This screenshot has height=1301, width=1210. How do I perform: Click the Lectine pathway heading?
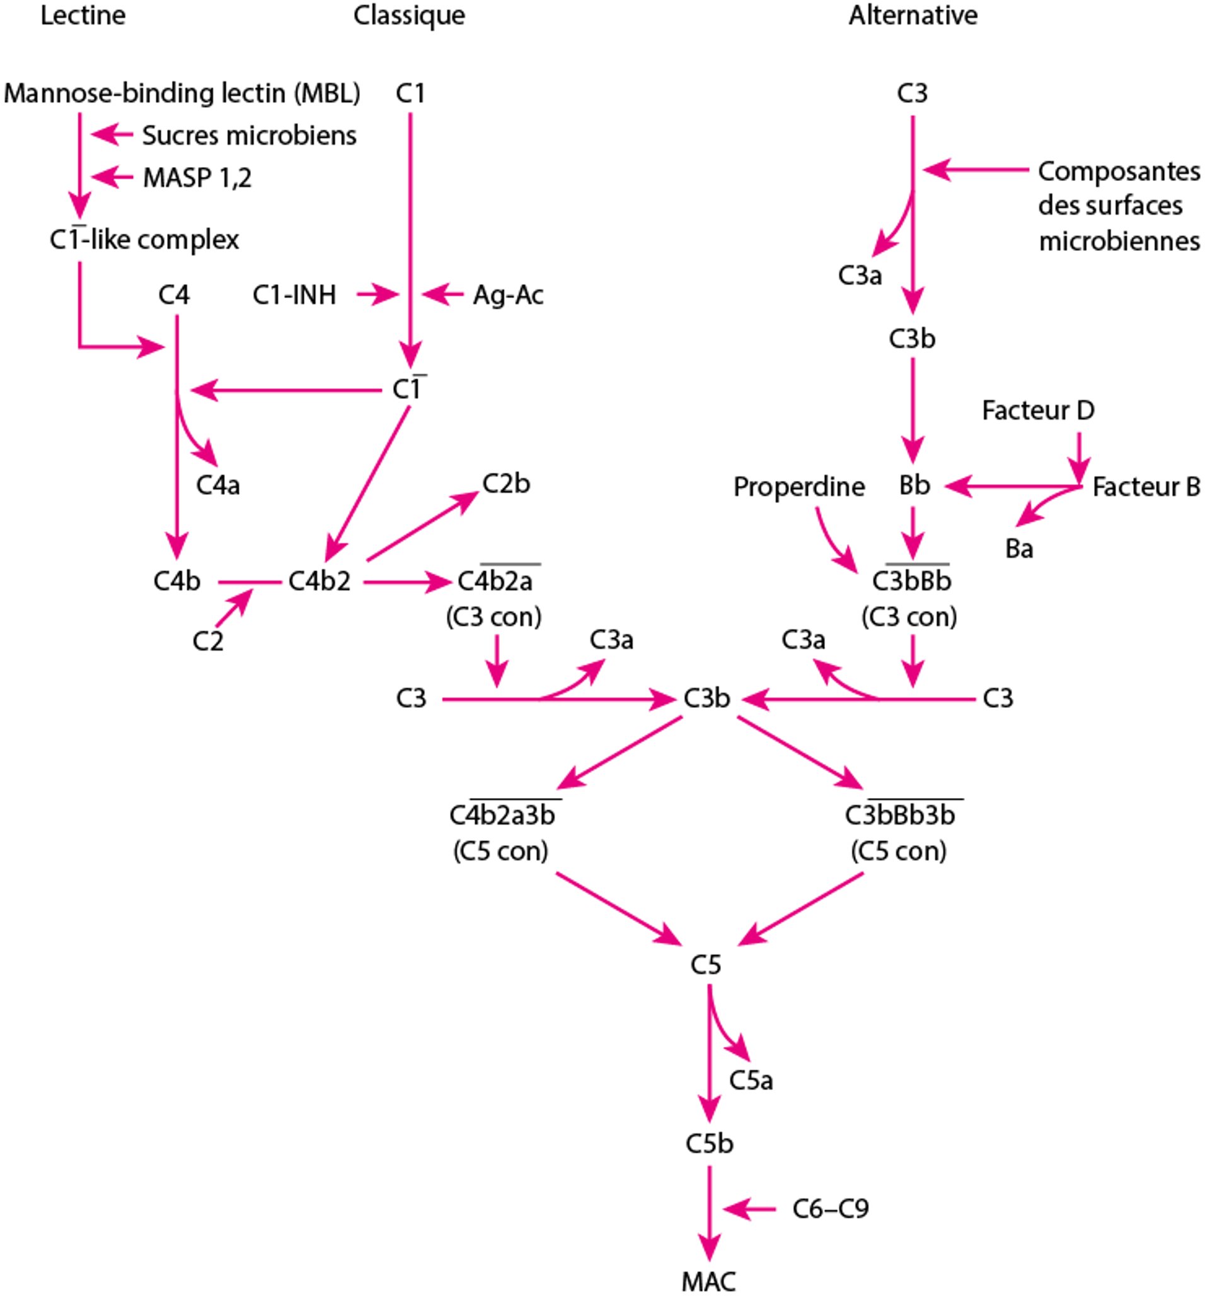pyautogui.click(x=83, y=16)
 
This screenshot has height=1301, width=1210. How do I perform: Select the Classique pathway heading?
pyautogui.click(x=409, y=16)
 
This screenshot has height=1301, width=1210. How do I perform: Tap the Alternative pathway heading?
pyautogui.click(x=913, y=16)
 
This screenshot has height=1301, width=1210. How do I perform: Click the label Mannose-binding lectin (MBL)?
pyautogui.click(x=182, y=93)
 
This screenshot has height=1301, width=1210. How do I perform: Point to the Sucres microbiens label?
pyautogui.click(x=250, y=136)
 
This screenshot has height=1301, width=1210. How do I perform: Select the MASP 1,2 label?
pyautogui.click(x=197, y=177)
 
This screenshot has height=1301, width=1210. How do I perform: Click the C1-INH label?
pyautogui.click(x=294, y=295)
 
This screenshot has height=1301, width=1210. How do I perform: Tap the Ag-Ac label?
pyautogui.click(x=508, y=295)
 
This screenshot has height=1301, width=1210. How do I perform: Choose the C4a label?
pyautogui.click(x=218, y=485)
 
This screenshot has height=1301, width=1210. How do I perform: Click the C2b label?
pyautogui.click(x=506, y=483)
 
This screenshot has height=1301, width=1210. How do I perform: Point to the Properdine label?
pyautogui.click(x=798, y=486)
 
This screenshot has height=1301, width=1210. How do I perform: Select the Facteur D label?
pyautogui.click(x=1037, y=410)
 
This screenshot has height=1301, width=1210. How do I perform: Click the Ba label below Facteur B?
pyautogui.click(x=1019, y=548)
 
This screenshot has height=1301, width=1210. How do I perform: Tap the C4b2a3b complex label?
pyautogui.click(x=502, y=816)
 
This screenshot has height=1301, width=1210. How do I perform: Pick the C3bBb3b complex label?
pyautogui.click(x=900, y=816)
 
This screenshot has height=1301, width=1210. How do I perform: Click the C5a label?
pyautogui.click(x=751, y=1080)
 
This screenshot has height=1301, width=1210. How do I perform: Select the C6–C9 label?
pyautogui.click(x=830, y=1209)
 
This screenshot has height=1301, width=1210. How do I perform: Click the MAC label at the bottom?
pyautogui.click(x=708, y=1281)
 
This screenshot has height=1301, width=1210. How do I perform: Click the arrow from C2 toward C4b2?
pyautogui.click(x=233, y=607)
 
